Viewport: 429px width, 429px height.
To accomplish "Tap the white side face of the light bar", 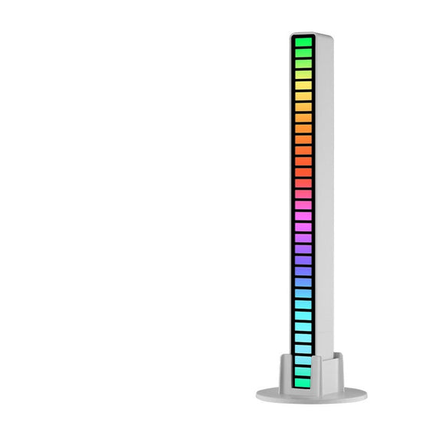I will pyautogui.click(x=325, y=192).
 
